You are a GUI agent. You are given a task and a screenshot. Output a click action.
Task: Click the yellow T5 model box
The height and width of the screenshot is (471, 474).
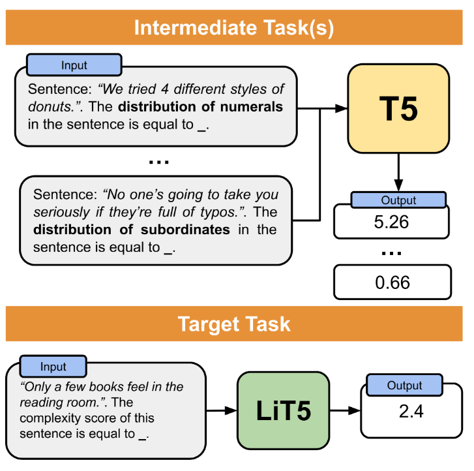398,108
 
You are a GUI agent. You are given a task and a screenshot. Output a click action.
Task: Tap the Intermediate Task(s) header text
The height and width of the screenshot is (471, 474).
233,28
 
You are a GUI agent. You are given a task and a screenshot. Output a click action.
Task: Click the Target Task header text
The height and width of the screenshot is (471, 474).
234,324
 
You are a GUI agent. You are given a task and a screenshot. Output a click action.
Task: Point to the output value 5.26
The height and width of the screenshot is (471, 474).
391,222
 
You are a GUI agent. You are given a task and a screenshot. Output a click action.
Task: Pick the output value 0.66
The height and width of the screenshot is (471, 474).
392,282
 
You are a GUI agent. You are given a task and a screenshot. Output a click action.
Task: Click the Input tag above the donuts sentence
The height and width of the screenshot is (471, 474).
74,65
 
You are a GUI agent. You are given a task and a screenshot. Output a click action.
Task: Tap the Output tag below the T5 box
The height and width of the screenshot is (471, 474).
398,200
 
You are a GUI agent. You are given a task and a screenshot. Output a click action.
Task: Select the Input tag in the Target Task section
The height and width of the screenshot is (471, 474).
53,367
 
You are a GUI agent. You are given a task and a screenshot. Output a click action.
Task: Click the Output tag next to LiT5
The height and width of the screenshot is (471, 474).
405,386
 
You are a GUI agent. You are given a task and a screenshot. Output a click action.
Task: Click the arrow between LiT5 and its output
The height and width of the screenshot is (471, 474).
344,411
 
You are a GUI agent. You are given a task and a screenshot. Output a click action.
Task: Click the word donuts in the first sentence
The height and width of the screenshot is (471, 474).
48,106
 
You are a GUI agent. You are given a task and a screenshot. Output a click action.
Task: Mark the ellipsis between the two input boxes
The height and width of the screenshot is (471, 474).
158,160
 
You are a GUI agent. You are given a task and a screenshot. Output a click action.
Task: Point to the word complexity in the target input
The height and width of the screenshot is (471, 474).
46,418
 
